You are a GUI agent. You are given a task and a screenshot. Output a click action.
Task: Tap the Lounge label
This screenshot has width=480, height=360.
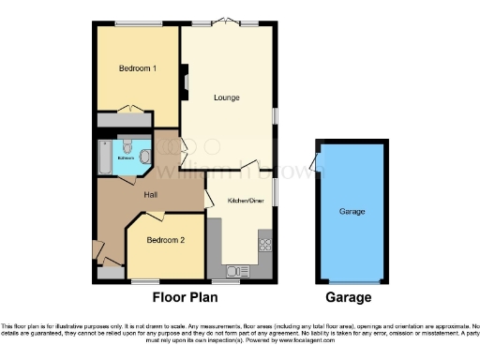pyautogui.click(x=227, y=97)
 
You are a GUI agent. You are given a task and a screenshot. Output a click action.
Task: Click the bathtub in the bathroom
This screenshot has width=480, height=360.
pyautogui.click(x=104, y=157)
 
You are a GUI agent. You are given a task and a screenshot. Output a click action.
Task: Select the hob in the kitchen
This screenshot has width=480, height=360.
pyautogui.click(x=264, y=246)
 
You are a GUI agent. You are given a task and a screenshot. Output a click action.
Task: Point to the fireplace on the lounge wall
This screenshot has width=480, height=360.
pyautogui.click(x=185, y=81)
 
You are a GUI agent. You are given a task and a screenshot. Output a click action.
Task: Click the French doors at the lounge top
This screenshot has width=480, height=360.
pyautogui.click(x=228, y=22)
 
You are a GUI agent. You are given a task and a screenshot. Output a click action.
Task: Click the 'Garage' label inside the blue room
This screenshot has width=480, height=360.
pyautogui.click(x=352, y=212)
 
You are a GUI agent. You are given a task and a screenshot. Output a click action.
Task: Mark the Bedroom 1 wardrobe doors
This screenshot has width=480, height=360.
pyautogui.click(x=137, y=112)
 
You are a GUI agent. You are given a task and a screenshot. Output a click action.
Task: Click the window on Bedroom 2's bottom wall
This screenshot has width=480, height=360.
pyautogui.click(x=145, y=280)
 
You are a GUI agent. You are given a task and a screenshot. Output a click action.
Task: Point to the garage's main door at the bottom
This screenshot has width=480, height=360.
pyautogui.click(x=352, y=281)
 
